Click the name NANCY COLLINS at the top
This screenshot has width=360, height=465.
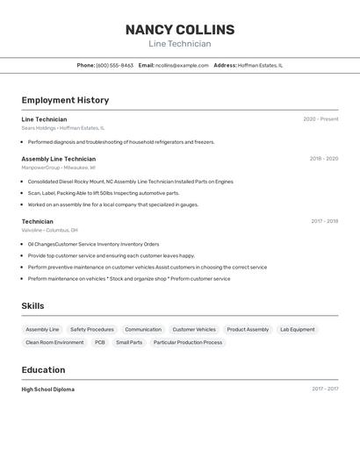tap(180, 30)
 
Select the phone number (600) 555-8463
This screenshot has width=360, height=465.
tap(114, 65)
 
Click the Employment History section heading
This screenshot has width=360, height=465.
tap(65, 101)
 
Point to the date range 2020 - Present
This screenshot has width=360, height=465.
tap(320, 119)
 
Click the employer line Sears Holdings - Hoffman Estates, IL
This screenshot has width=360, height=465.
tap(62, 128)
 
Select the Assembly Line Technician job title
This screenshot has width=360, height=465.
tap(59, 159)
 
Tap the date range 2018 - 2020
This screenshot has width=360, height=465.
tap(324, 159)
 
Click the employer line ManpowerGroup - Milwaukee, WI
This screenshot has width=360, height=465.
tap(59, 168)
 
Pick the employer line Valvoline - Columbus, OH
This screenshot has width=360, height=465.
tap(56, 230)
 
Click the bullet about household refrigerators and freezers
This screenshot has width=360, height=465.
tap(121, 142)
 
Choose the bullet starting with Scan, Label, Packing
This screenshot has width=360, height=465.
tap(104, 193)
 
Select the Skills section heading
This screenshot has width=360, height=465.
tap(33, 305)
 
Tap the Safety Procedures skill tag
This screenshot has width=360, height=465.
tap(92, 330)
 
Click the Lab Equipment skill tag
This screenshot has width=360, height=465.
tap(297, 330)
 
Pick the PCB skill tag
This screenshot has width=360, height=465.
tap(100, 342)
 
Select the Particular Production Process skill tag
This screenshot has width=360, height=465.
tap(188, 342)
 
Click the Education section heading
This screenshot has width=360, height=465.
tap(43, 370)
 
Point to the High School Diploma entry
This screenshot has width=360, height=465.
tap(48, 389)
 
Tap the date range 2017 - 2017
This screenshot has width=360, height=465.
tap(325, 389)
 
